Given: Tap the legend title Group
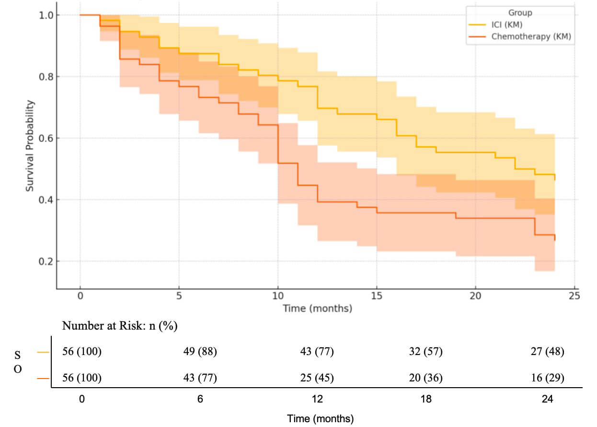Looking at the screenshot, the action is [x=520, y=12].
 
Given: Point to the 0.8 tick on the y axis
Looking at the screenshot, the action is [x=46, y=77].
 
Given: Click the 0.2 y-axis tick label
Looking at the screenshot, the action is [x=46, y=261].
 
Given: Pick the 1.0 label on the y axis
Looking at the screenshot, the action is [x=46, y=15].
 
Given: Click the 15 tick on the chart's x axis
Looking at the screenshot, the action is [x=376, y=296].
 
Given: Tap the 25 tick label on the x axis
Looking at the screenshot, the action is [x=574, y=296].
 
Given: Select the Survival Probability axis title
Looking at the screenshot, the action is [x=30, y=146].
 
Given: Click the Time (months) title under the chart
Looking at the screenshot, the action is [x=317, y=308].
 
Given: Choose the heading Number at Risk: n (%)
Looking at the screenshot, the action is [x=120, y=326].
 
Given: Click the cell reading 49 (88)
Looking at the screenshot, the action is [x=200, y=352].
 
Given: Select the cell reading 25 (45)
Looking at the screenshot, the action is [x=317, y=378].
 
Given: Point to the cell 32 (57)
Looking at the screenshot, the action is [x=425, y=352].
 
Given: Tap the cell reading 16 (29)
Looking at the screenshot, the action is [x=548, y=378].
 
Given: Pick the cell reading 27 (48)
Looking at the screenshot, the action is [x=548, y=352].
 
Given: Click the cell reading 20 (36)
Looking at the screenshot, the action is [x=425, y=378].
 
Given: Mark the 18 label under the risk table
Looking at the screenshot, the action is [x=426, y=399].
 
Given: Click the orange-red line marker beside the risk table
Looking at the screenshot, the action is [x=43, y=379].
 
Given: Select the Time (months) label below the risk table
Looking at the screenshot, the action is [x=320, y=419].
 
